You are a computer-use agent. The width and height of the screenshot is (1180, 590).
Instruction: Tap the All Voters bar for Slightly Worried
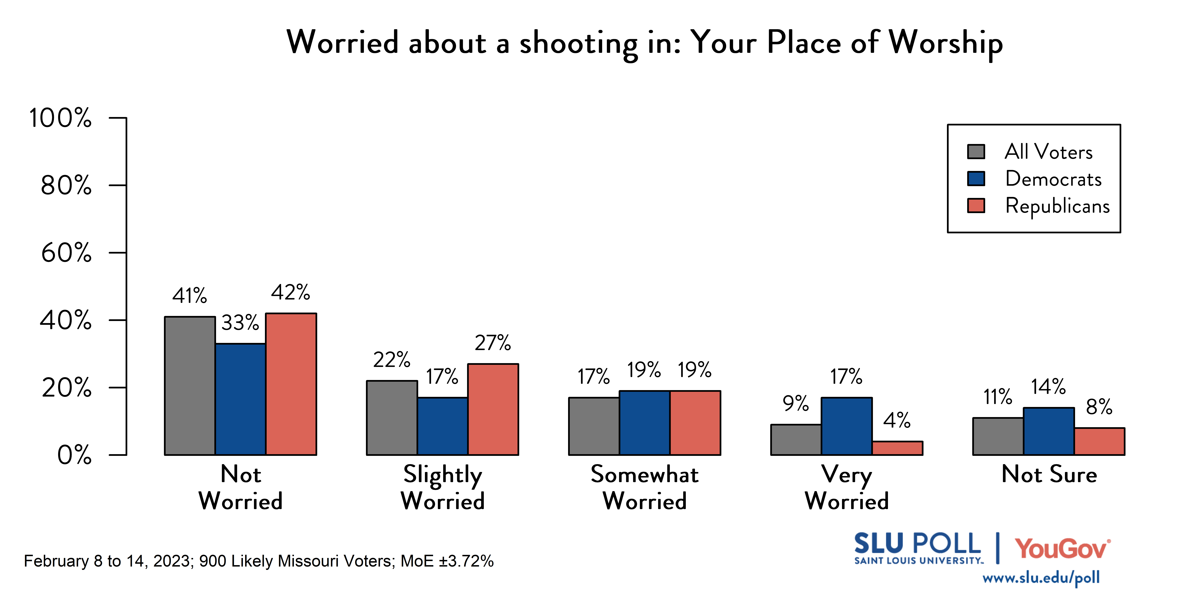point(392,418)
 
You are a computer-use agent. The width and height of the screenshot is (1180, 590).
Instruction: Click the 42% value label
point(290,292)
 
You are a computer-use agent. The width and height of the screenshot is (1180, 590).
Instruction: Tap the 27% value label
point(492,343)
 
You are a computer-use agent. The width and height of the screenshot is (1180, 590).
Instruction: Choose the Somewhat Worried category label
point(645,487)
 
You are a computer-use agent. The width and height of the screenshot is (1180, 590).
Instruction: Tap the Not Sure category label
point(1049,474)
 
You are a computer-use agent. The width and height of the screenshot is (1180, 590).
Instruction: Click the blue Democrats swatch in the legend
point(976,179)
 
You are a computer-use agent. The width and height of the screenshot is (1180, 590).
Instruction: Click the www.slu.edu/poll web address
point(1041,578)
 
